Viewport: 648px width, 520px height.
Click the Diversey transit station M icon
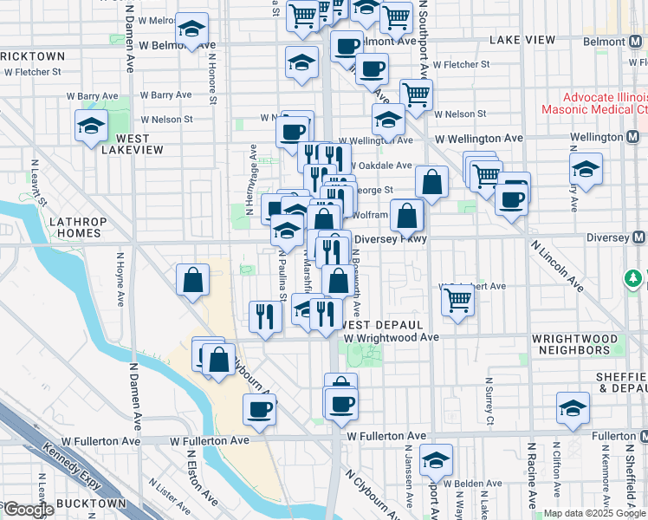(x=639, y=237)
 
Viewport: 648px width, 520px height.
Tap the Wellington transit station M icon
(x=633, y=137)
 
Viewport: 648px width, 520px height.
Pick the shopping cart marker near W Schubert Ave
(x=457, y=300)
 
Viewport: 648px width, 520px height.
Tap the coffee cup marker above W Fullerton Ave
(x=259, y=409)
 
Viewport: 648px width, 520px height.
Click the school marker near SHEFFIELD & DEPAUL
(x=573, y=409)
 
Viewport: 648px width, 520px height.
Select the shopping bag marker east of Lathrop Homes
(x=192, y=280)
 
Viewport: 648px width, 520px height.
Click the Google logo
(x=28, y=510)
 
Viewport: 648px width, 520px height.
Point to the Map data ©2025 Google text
(x=594, y=513)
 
